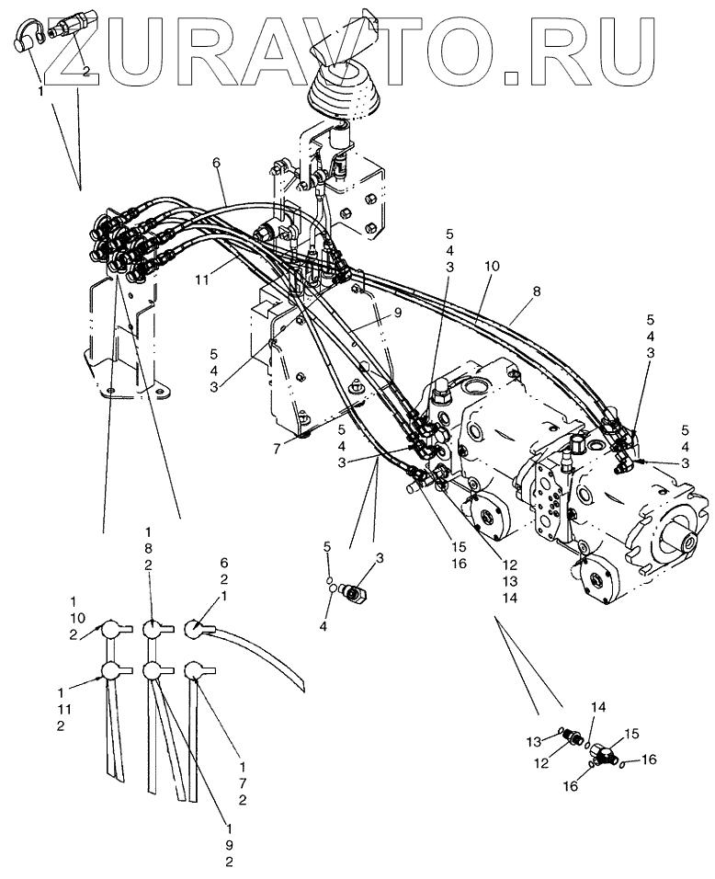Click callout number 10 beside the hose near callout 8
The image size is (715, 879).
click(x=493, y=266)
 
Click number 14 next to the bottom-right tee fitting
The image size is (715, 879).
click(x=597, y=708)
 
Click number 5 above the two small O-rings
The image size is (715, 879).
click(x=325, y=548)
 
